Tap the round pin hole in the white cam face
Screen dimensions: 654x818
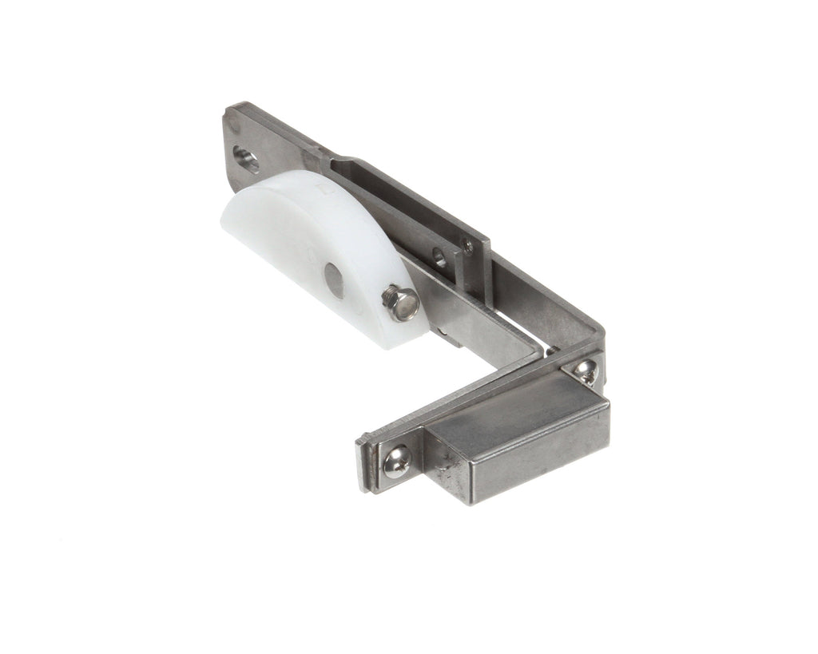point(335,280)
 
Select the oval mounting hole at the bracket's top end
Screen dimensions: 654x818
point(248,158)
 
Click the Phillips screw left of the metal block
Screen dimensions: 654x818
point(397,460)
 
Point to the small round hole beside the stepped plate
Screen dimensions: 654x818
point(439,256)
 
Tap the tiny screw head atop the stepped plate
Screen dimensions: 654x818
point(468,248)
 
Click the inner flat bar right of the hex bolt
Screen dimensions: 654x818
point(463,319)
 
